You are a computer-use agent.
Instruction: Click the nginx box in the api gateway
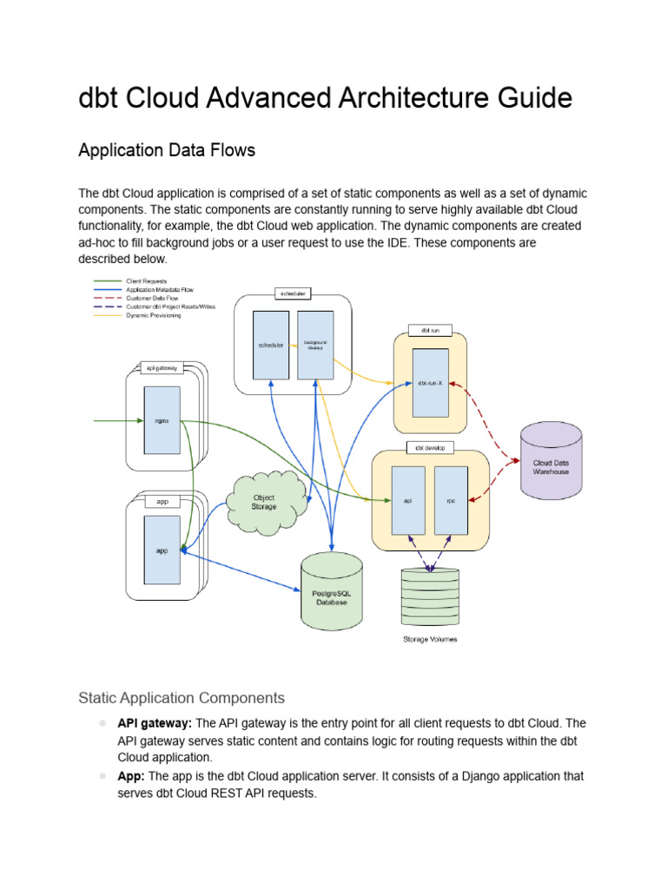point(162,420)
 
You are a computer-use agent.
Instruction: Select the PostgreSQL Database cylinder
point(331,596)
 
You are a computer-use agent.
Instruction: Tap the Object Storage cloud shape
point(264,502)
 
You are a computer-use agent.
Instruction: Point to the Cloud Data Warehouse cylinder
point(551,466)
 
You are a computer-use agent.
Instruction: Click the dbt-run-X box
point(430,383)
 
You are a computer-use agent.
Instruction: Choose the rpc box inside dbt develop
point(451,500)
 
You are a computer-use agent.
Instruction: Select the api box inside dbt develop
point(408,500)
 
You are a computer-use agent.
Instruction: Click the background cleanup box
point(315,345)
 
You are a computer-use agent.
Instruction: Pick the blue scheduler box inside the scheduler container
point(271,345)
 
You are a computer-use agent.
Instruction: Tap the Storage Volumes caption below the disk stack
point(430,640)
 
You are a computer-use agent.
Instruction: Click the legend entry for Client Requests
point(146,281)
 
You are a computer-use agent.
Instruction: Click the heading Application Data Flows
point(167,150)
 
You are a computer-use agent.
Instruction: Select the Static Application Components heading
point(181,698)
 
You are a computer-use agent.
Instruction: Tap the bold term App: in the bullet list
point(133,776)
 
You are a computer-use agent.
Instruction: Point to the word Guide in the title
point(532,98)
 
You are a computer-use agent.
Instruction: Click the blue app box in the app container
point(162,550)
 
